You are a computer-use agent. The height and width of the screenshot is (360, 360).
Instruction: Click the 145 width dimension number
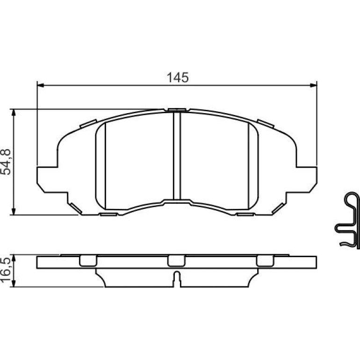[178, 78]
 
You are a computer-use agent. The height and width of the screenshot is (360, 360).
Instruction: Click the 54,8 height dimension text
[6, 162]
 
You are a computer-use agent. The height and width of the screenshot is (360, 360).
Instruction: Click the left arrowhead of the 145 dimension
[40, 86]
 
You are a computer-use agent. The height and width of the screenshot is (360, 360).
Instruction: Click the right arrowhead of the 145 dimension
[313, 86]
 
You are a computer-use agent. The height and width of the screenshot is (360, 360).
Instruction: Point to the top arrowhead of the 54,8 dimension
[14, 113]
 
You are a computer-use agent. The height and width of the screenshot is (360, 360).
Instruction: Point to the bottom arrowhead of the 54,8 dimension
[14, 211]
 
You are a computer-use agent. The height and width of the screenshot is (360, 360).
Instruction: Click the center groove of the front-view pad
[177, 156]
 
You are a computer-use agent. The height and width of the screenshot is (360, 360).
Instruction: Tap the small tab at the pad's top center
[177, 110]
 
